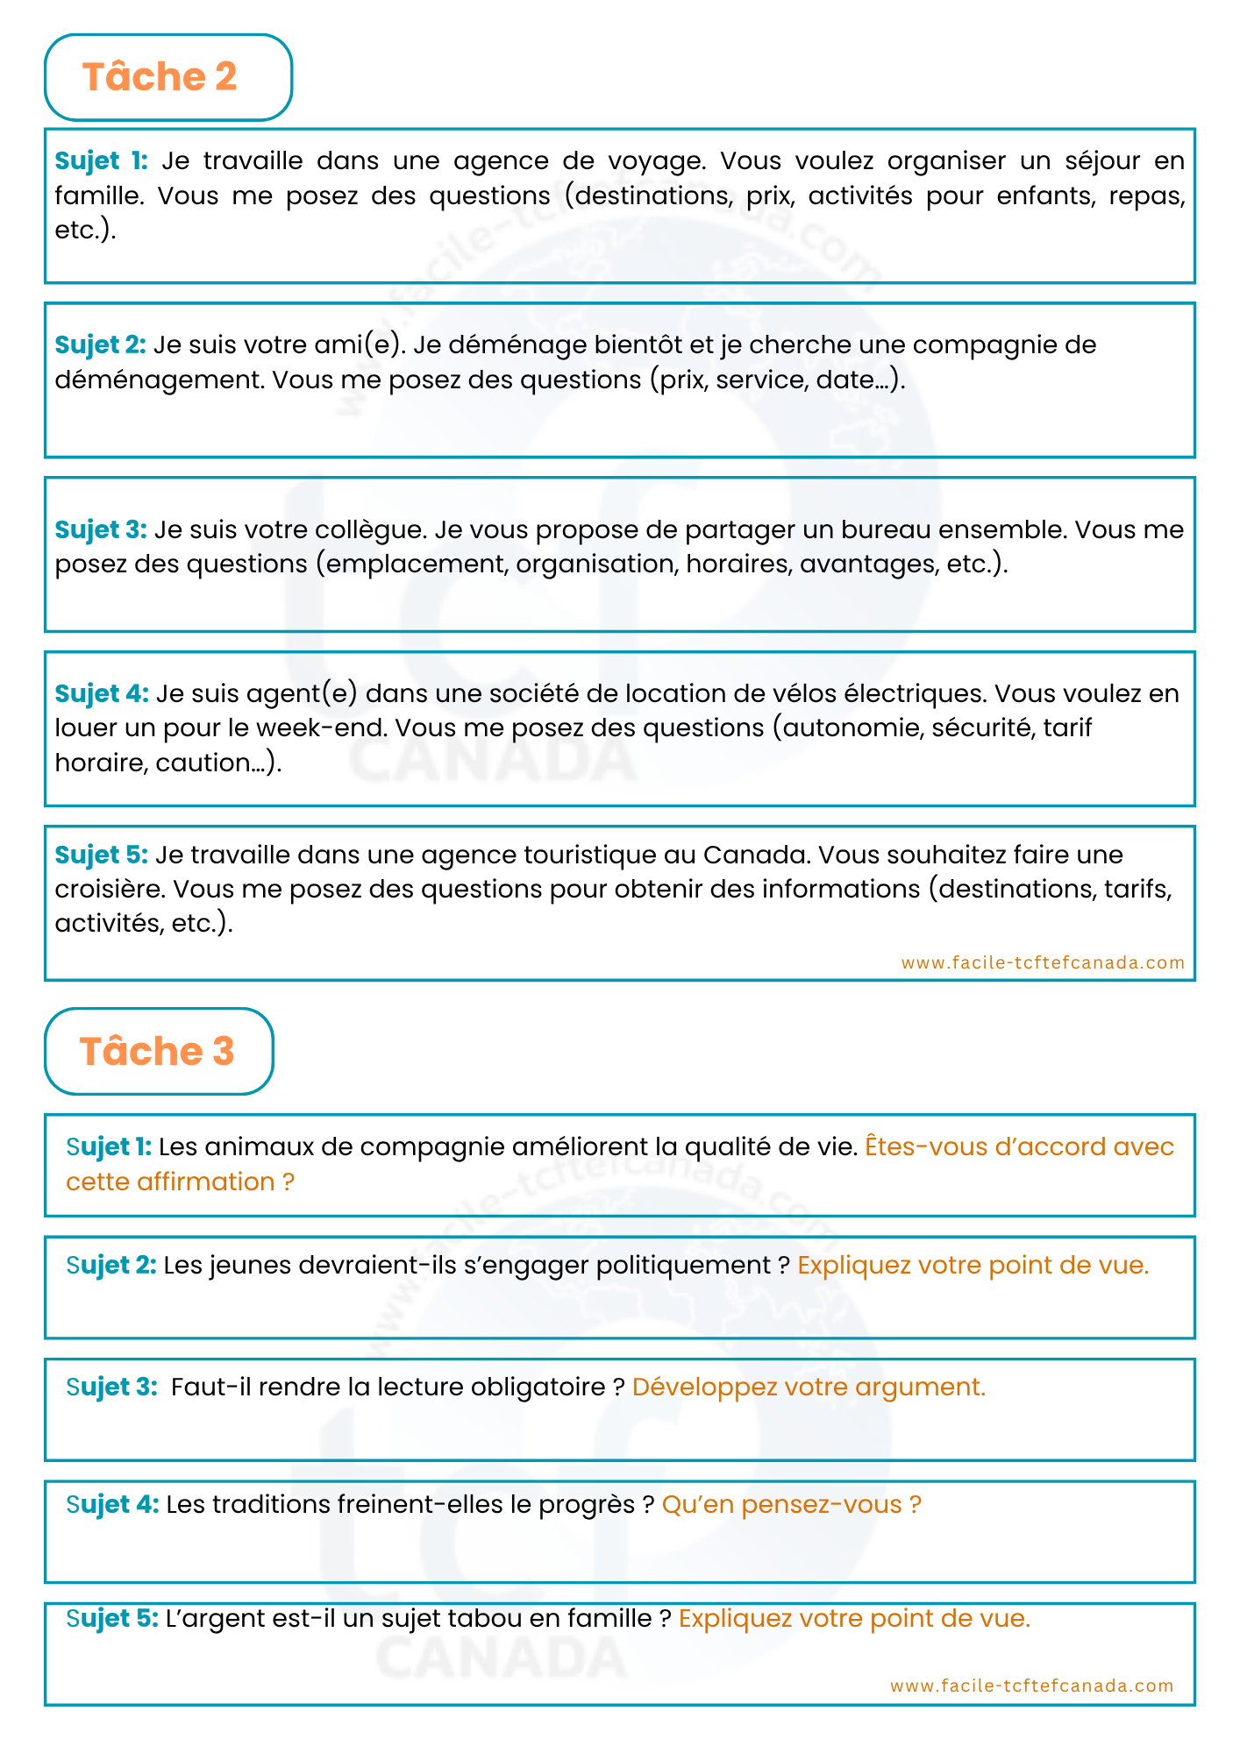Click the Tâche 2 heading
point(160,77)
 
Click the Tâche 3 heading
point(157,1051)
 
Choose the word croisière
point(110,890)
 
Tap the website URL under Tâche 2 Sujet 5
point(1043,962)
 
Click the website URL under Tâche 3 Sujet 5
point(1031,1686)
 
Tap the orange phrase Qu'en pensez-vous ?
point(791,1505)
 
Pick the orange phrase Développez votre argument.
point(809,1387)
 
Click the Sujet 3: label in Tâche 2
point(101,530)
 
